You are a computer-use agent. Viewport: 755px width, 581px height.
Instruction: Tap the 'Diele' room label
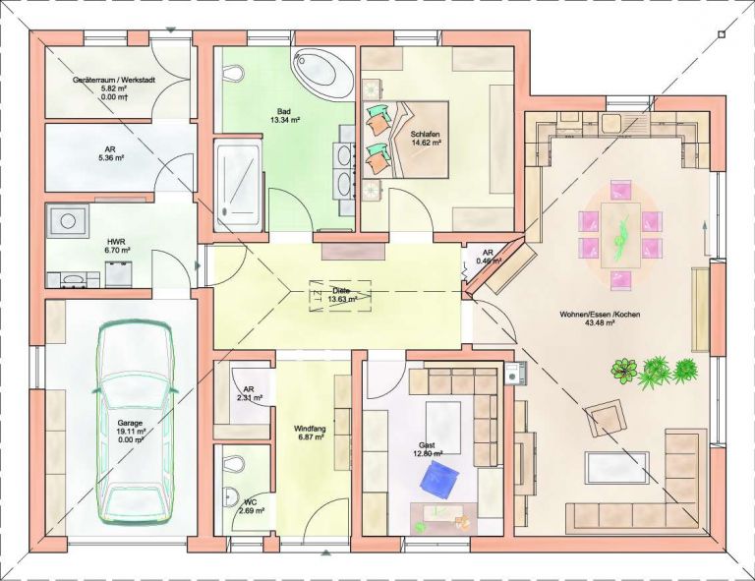click(x=341, y=291)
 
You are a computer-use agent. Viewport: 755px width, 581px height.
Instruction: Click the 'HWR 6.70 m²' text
click(x=116, y=246)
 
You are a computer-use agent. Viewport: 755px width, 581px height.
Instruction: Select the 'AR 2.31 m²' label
click(x=249, y=393)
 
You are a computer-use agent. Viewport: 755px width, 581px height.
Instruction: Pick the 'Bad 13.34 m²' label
click(x=284, y=114)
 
